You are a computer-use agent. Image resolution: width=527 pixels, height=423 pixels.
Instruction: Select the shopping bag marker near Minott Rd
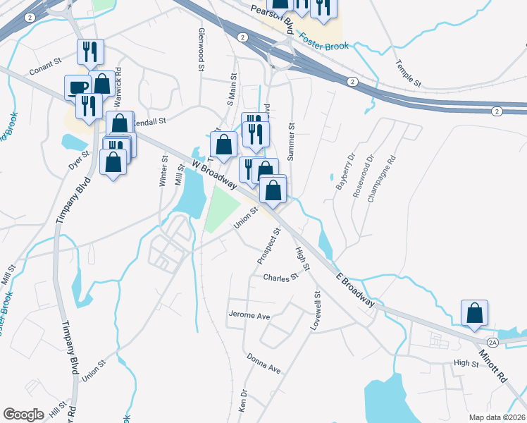(475, 313)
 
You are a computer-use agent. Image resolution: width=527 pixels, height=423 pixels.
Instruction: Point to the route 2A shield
(492, 342)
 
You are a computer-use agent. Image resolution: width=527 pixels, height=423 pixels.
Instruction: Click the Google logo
(23, 415)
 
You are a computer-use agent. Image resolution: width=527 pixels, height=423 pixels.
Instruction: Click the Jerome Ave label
(250, 316)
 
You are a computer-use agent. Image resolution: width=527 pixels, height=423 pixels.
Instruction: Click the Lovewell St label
(316, 311)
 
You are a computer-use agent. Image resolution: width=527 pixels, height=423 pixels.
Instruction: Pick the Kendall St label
(149, 121)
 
